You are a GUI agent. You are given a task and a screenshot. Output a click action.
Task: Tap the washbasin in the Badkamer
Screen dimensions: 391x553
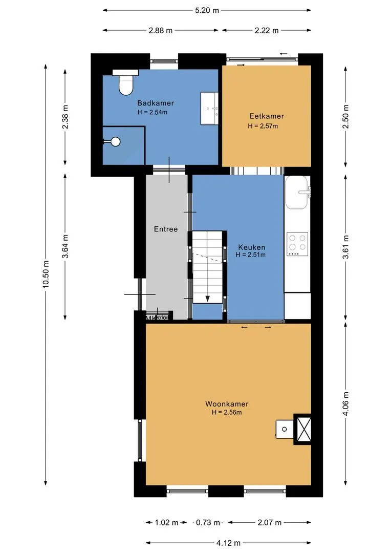[209, 108]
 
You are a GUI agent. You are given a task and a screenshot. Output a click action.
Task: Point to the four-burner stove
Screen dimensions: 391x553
[297, 244]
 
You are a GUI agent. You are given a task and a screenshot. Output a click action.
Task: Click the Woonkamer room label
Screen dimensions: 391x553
[227, 404]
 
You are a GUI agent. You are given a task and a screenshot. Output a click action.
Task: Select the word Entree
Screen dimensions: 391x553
[166, 229]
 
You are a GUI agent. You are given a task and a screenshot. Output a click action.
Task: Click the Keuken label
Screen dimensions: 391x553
[252, 247]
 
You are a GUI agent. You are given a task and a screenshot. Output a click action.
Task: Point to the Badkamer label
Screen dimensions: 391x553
[156, 103]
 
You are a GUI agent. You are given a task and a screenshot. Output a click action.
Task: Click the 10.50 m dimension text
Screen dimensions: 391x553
[46, 274]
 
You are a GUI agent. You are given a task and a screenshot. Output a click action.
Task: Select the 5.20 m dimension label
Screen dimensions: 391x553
[207, 10]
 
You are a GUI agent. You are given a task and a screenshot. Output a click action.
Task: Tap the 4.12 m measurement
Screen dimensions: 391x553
[228, 543]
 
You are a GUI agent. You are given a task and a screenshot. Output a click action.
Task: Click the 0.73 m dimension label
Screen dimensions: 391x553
[208, 522]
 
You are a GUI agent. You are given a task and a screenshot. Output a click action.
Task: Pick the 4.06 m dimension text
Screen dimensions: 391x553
[346, 403]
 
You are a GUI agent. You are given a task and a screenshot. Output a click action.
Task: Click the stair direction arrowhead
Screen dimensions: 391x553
[208, 299]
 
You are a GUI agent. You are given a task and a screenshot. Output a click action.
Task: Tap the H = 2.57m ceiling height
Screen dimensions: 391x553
[263, 126]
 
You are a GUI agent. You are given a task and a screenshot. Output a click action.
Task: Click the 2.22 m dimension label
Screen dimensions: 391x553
[267, 30]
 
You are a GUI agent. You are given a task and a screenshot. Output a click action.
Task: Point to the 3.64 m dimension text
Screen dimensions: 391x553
[65, 246]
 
